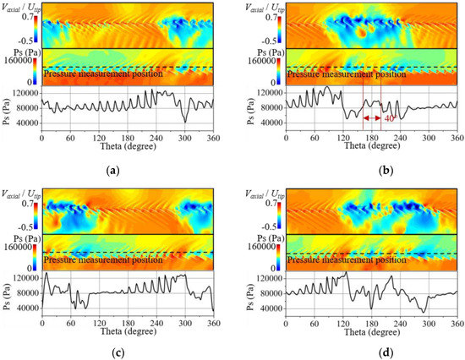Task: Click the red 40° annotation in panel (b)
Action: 390,119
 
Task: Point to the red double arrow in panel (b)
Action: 372,119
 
